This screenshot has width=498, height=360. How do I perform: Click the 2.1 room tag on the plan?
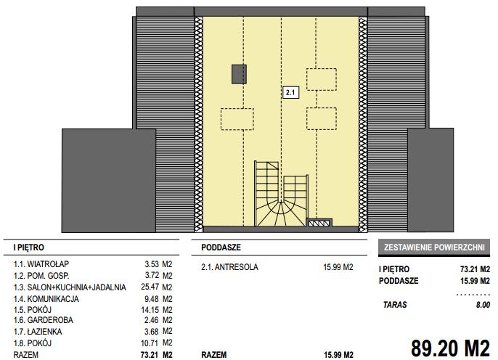click(290, 92)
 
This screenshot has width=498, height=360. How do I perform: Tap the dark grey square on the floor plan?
click(239, 74)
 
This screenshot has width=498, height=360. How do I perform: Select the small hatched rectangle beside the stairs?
click(319, 223)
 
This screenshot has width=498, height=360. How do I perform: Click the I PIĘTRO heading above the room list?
click(28, 247)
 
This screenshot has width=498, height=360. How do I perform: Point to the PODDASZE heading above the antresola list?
click(221, 247)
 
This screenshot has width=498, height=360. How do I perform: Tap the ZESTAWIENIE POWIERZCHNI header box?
click(434, 247)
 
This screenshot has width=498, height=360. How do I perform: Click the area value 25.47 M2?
click(157, 287)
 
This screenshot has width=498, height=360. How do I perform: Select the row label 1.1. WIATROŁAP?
click(41, 264)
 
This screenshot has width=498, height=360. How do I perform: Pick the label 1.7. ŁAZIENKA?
click(38, 332)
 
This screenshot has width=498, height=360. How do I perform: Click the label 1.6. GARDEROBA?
click(44, 320)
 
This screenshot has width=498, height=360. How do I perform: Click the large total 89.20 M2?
click(450, 348)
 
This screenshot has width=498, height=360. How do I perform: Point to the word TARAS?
click(395, 305)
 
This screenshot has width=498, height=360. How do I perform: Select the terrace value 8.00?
click(483, 305)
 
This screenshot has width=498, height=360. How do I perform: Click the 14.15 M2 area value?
click(157, 310)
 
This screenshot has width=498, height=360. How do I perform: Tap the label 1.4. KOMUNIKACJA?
click(46, 299)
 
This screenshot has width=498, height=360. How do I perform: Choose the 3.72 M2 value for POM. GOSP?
click(158, 276)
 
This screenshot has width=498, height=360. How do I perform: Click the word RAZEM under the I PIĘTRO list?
click(25, 355)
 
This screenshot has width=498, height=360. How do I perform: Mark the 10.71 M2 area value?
click(157, 343)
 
